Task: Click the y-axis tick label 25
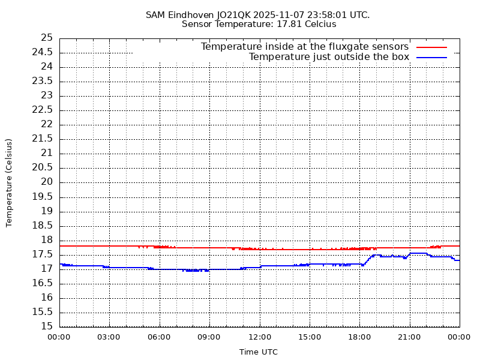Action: [x=47, y=38]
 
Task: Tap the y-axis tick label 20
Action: [x=47, y=182]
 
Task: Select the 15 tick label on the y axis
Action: [x=47, y=326]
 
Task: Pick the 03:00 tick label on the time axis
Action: [x=109, y=337]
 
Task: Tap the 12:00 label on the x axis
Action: [x=260, y=337]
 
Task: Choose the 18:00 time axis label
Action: [x=360, y=337]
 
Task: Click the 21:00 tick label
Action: [x=410, y=337]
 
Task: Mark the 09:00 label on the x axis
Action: [x=209, y=337]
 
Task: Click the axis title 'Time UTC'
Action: [x=259, y=352]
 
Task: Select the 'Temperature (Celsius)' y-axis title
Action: [x=9, y=182]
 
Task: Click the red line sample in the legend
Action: [x=432, y=47]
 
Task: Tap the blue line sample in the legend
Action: [x=432, y=57]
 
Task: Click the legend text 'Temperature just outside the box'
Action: [x=329, y=57]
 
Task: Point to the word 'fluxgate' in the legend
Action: [x=343, y=47]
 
